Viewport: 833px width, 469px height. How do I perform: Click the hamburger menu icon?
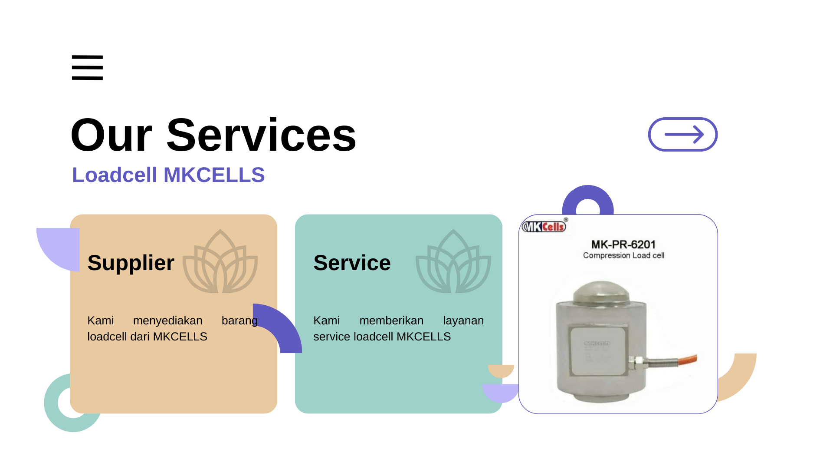pos(87,67)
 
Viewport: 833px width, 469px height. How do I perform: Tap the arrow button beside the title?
pos(683,135)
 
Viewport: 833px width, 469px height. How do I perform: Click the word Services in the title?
pos(261,135)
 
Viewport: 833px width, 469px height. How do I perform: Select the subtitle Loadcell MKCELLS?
pos(168,175)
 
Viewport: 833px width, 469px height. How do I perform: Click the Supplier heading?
pos(131,263)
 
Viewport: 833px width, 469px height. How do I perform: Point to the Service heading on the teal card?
pos(352,263)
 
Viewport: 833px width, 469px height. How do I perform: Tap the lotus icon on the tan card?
pos(220,261)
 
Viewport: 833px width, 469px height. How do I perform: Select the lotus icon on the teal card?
pos(453,261)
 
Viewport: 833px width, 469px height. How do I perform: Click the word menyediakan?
pos(167,320)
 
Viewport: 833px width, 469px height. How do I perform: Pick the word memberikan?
pos(391,320)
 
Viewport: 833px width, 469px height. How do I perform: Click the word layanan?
pos(463,321)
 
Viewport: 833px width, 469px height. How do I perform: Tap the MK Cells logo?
pos(544,226)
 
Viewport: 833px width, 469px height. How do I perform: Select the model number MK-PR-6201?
pos(623,244)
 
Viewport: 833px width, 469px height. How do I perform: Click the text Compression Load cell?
pos(623,255)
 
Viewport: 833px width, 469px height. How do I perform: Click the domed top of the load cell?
pos(601,291)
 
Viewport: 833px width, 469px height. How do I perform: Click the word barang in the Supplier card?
pos(239,321)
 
